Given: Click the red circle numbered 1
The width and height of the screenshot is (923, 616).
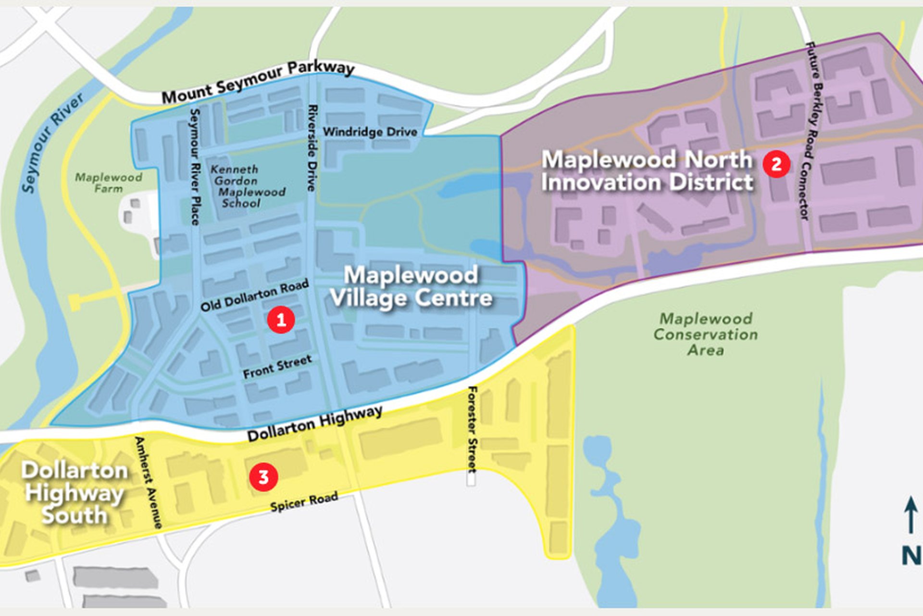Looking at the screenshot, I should pos(281,320).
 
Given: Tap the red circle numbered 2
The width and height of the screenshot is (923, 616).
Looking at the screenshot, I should pos(776,164).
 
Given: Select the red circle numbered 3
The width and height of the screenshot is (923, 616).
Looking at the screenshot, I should pos(263,477).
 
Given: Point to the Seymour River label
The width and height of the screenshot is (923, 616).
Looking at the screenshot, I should pos(53,141).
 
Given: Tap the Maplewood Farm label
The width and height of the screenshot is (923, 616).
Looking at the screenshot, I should pos(109,183).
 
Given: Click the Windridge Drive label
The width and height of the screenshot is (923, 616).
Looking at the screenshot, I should pos(370,131).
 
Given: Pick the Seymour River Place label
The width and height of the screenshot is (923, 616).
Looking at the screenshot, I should pos(195,167).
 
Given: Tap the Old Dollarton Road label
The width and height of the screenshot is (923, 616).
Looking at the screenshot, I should pos(254,295).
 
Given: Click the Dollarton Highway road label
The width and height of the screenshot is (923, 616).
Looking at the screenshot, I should pos(315,423).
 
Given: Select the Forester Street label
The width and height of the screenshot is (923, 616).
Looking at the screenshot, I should pos(473,429).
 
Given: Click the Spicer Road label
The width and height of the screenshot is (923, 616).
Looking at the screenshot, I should pos(304,501).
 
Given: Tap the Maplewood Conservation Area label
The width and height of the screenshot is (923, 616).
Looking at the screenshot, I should pos(705,334).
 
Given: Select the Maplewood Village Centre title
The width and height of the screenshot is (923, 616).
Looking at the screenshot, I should pos(411,287).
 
